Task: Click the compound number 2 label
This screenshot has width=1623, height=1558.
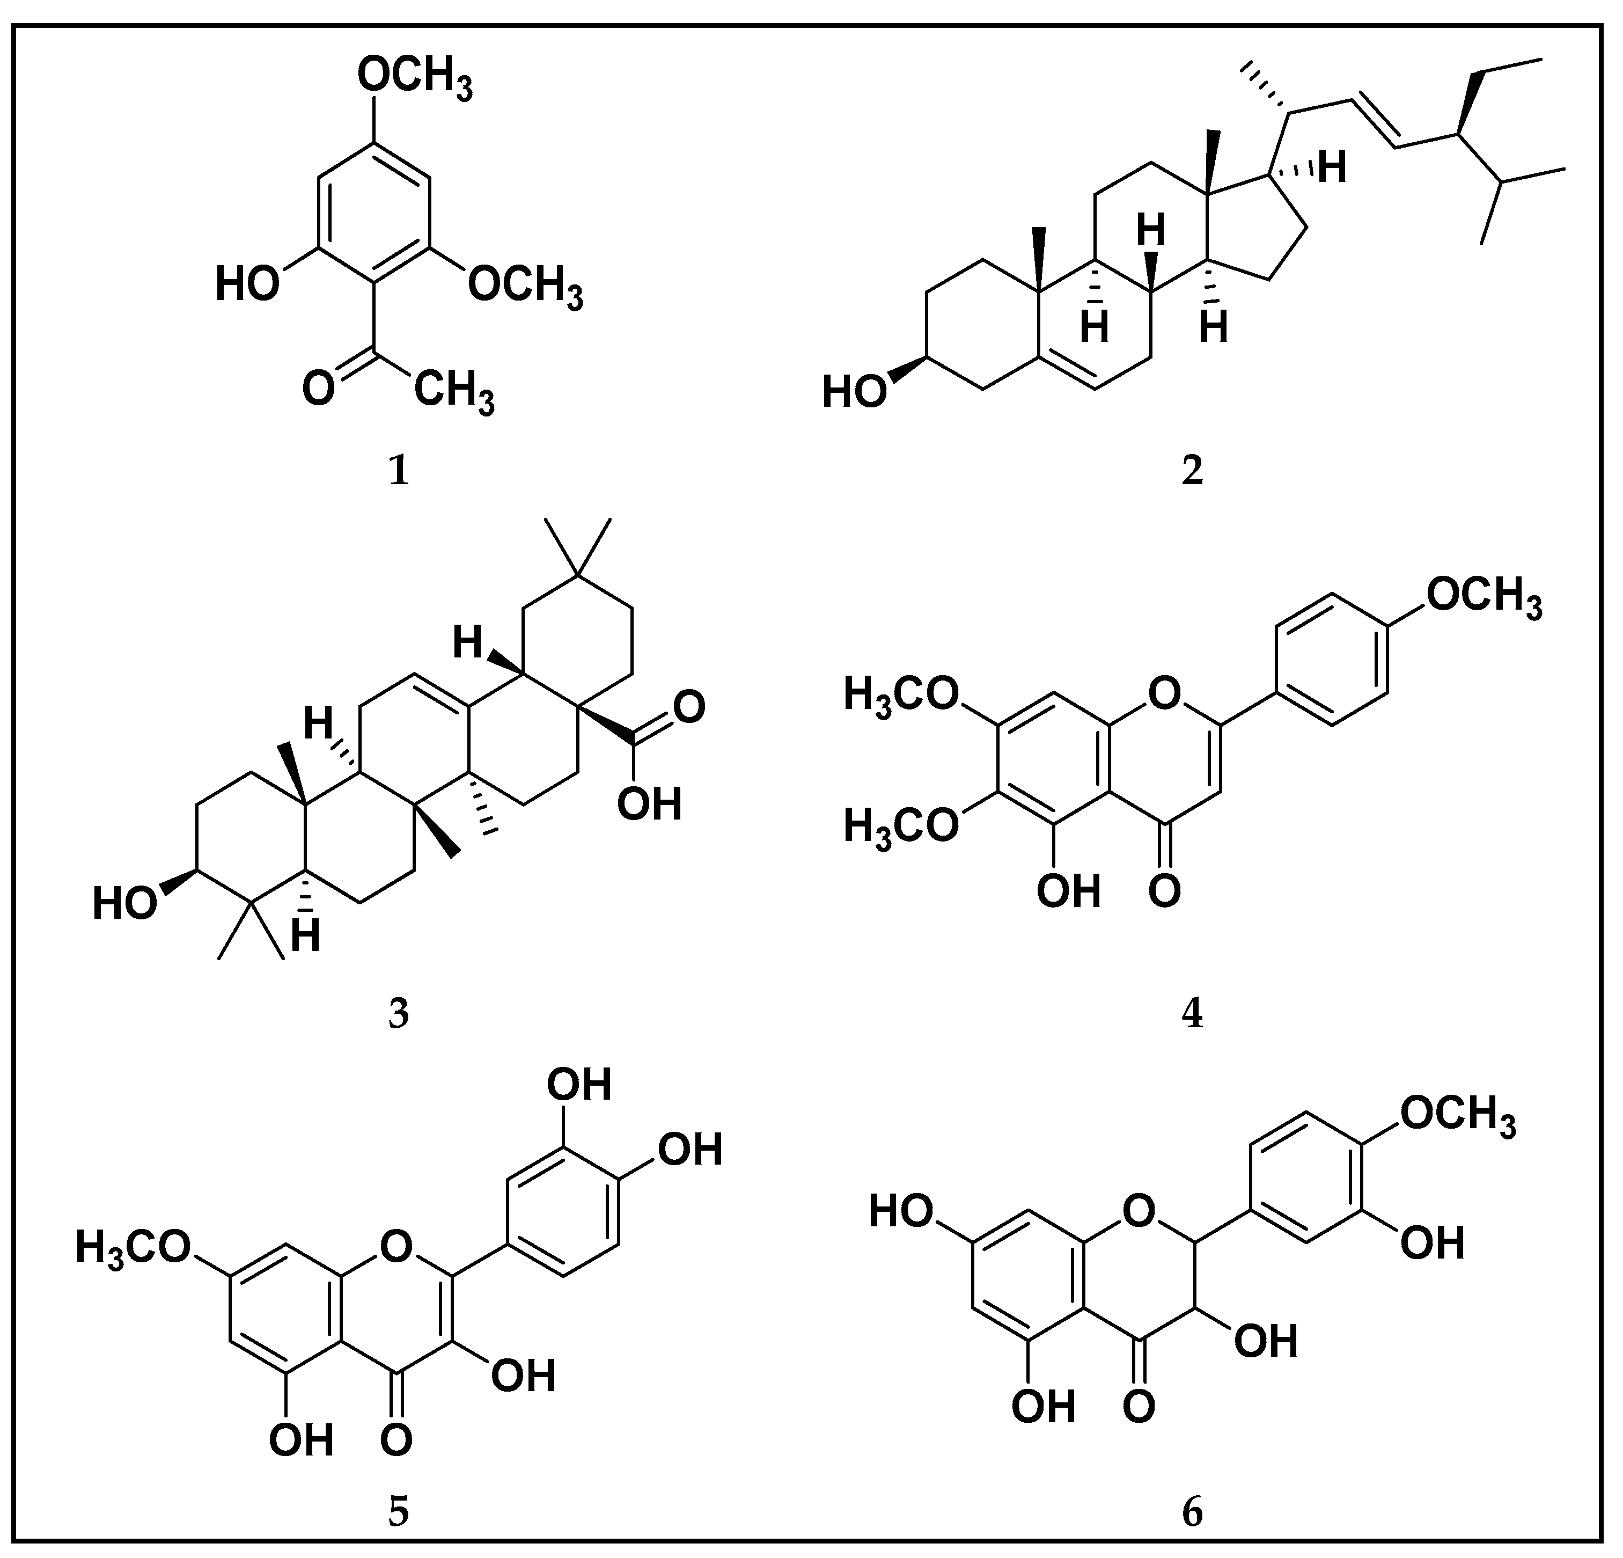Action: click(1192, 471)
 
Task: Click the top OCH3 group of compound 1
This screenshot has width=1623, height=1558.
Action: click(415, 81)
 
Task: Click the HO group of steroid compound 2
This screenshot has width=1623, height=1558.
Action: click(854, 393)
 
